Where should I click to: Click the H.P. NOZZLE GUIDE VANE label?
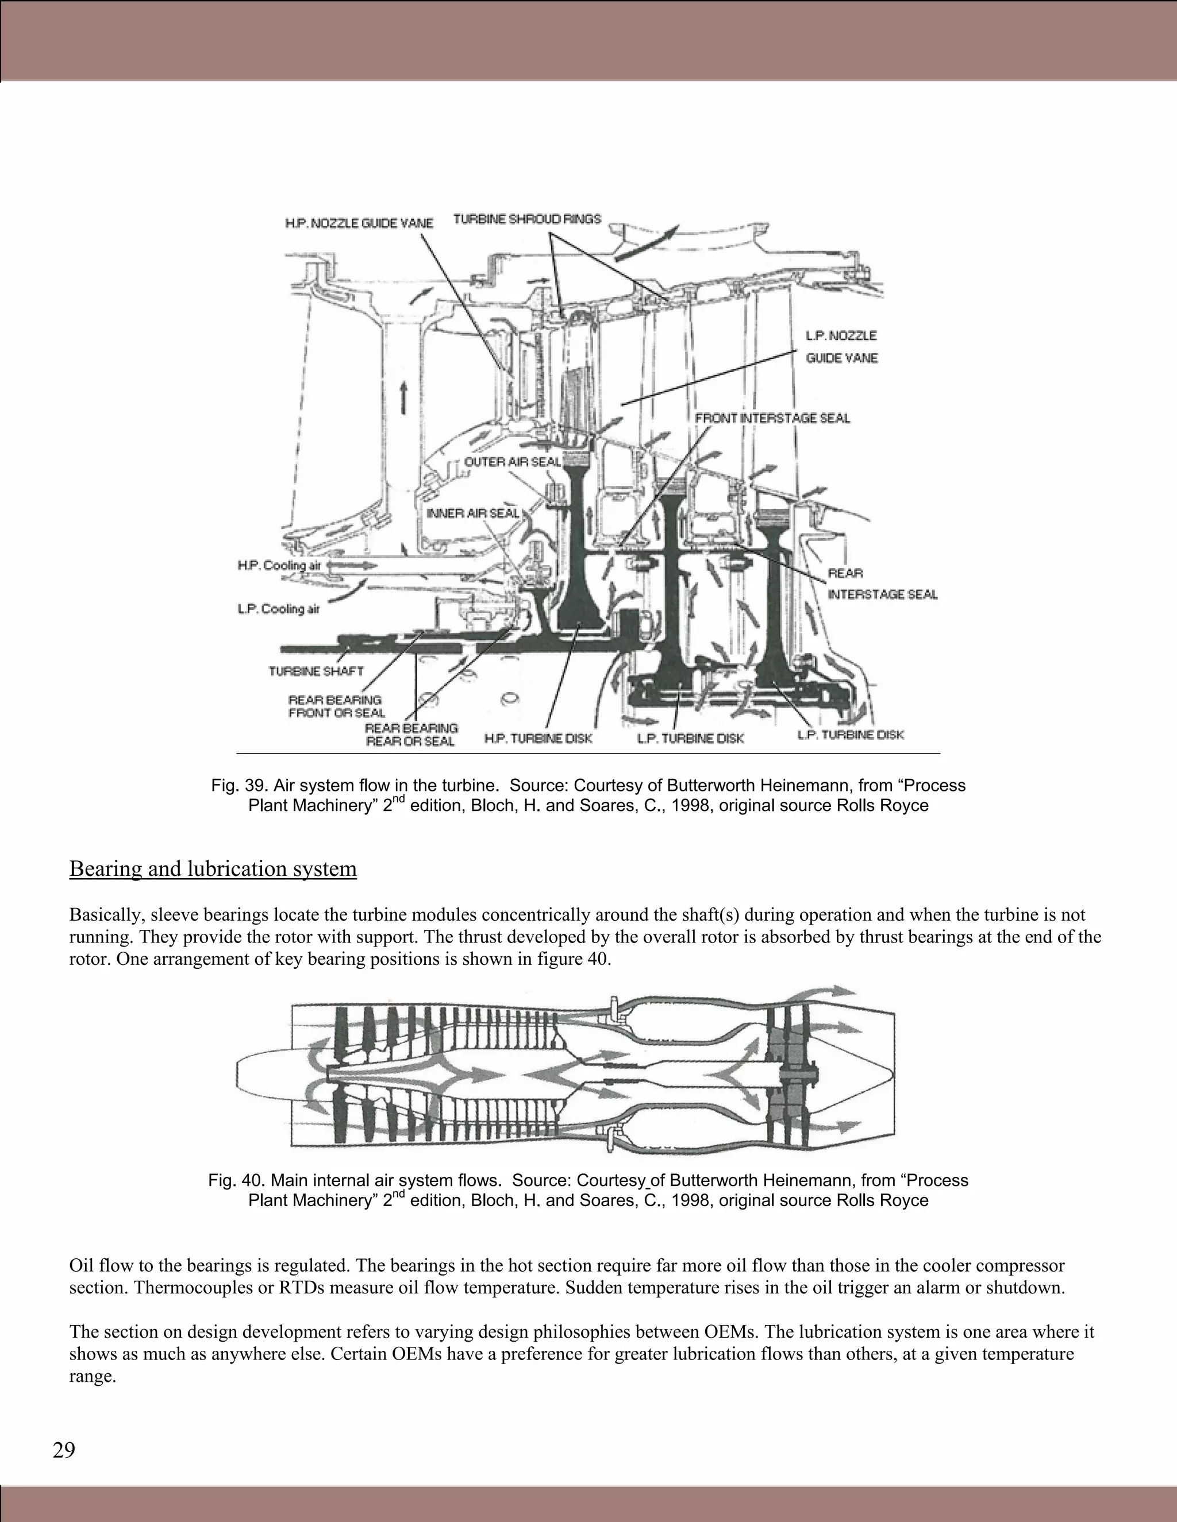click(359, 223)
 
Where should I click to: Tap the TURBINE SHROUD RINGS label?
click(526, 219)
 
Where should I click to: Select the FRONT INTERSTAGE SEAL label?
click(772, 418)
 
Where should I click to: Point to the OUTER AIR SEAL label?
click(512, 462)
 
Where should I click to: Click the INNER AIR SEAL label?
click(473, 513)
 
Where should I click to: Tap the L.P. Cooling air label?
click(278, 609)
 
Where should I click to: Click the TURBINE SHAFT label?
click(316, 671)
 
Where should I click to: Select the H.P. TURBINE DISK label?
click(537, 738)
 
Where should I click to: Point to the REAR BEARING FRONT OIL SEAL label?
click(336, 706)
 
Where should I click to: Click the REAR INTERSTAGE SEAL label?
click(882, 584)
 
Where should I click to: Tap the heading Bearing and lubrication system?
click(213, 869)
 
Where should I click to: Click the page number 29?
click(63, 1450)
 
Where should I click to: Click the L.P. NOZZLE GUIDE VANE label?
click(841, 346)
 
